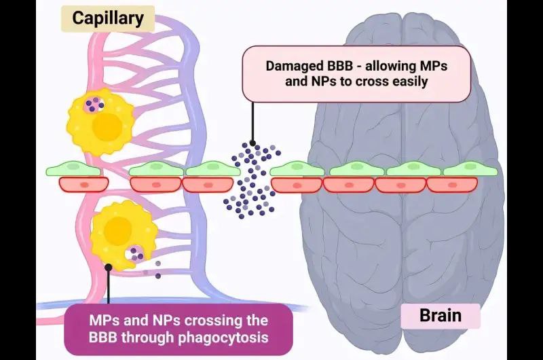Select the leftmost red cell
[83, 184]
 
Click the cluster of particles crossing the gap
[251, 178]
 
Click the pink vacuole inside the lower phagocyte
[136, 255]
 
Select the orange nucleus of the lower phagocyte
[119, 228]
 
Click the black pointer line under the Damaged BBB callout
[252, 122]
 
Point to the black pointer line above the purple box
[108, 285]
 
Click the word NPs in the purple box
[162, 319]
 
